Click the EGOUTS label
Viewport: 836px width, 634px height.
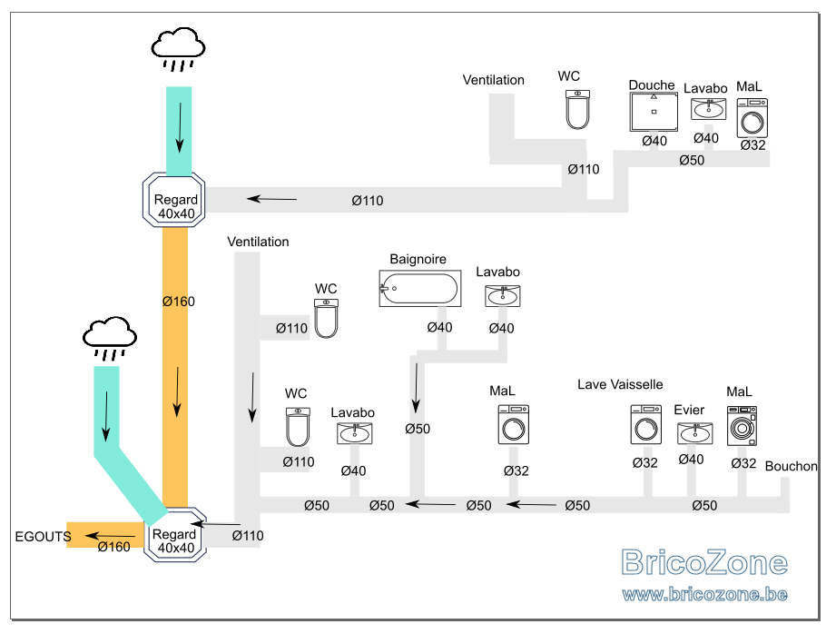tap(44, 536)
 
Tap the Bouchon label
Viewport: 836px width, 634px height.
tap(792, 466)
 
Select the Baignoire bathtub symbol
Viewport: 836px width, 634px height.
tap(420, 288)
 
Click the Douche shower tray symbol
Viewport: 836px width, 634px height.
tap(654, 112)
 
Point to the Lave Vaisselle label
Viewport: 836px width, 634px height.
tap(620, 384)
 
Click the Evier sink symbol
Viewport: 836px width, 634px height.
tap(694, 432)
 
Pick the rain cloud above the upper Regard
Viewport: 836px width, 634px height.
tap(179, 49)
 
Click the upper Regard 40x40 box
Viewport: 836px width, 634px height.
tap(174, 200)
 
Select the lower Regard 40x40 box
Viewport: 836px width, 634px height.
tap(175, 535)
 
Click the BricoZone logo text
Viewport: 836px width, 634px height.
tap(704, 562)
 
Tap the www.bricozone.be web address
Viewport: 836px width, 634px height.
tap(705, 594)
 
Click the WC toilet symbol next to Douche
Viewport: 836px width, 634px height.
tap(577, 109)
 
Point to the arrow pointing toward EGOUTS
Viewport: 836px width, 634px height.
tap(111, 535)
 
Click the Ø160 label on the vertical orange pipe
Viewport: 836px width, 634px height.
tap(179, 302)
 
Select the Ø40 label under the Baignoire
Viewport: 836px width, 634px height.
tap(440, 327)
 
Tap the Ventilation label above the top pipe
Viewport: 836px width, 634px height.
tap(494, 80)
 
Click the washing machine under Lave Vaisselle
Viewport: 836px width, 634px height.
tap(646, 424)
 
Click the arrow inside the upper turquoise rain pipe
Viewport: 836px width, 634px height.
tap(180, 128)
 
